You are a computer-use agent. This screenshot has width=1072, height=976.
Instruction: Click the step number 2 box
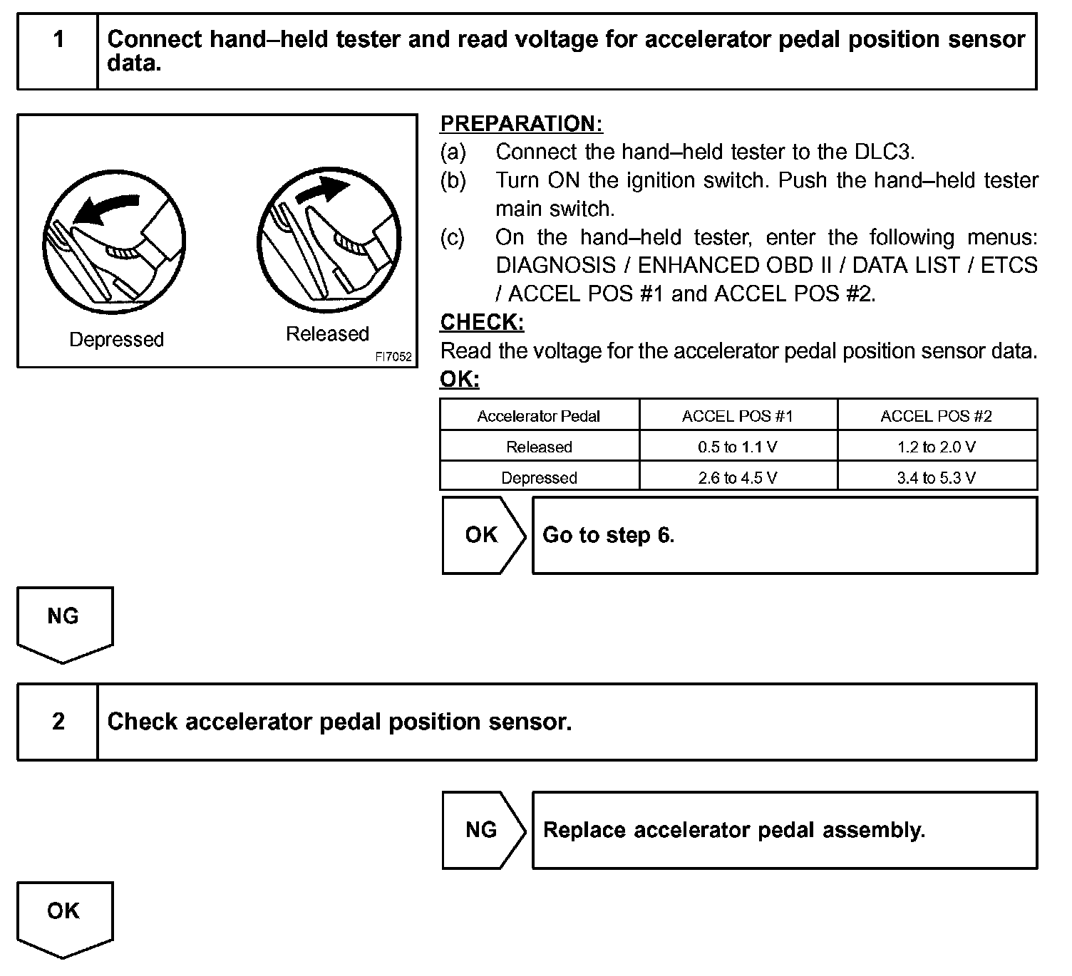pyautogui.click(x=58, y=722)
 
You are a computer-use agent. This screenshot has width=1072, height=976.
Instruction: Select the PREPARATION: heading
pyautogui.click(x=521, y=123)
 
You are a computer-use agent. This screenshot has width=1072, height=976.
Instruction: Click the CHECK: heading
pyautogui.click(x=482, y=322)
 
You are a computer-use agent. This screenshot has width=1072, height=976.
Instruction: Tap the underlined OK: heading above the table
pyautogui.click(x=460, y=379)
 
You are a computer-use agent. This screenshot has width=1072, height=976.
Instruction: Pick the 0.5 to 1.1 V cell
pyautogui.click(x=738, y=447)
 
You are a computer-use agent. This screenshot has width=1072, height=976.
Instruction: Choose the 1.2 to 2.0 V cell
pyautogui.click(x=937, y=447)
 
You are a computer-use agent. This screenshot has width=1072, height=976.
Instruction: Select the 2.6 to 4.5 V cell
pyautogui.click(x=738, y=477)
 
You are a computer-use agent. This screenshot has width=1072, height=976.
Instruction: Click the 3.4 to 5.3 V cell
pyautogui.click(x=937, y=477)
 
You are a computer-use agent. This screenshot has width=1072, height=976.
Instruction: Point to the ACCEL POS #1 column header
pyautogui.click(x=738, y=416)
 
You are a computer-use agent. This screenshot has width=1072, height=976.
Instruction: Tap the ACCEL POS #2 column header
pyautogui.click(x=937, y=416)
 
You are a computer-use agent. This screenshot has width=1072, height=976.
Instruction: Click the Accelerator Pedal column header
pyautogui.click(x=539, y=416)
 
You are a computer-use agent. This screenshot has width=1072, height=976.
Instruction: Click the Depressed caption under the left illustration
pyautogui.click(x=116, y=339)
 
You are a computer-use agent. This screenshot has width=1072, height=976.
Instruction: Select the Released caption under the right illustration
pyautogui.click(x=327, y=333)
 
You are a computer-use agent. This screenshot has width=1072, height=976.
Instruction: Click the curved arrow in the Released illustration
pyautogui.click(x=324, y=190)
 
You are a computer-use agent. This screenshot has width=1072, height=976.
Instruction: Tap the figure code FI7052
pyautogui.click(x=393, y=357)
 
